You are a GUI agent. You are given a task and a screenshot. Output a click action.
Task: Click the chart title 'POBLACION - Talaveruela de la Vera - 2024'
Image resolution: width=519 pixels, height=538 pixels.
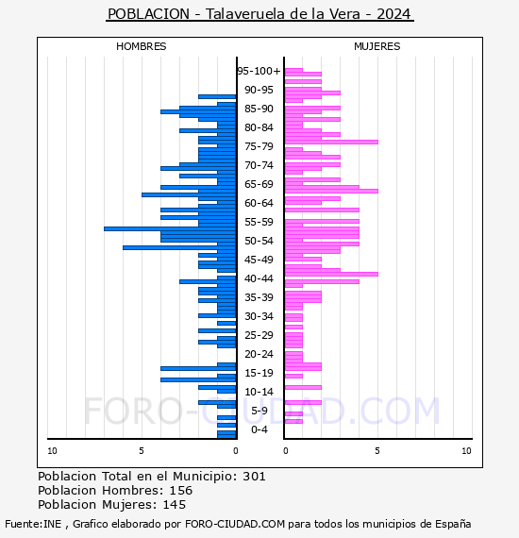coord(259,14)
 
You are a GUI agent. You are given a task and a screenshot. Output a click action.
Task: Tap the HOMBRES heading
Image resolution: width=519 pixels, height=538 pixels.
coord(141,46)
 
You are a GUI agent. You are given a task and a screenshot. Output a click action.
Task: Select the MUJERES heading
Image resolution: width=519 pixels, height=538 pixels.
coord(377,46)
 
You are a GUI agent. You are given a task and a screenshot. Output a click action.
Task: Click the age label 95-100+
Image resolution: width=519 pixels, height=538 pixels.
coord(259,71)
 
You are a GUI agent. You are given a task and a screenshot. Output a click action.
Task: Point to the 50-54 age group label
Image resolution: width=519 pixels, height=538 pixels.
coord(259,241)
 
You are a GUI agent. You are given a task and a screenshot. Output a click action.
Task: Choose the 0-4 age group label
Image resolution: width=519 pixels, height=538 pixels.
coord(259,429)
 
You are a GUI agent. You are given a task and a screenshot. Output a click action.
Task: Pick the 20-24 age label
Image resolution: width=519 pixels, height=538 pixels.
coord(259,354)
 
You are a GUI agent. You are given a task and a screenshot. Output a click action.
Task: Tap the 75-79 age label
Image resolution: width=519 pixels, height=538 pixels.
coord(259,146)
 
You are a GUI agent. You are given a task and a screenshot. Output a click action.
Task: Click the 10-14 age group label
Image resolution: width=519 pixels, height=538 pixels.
coord(259,392)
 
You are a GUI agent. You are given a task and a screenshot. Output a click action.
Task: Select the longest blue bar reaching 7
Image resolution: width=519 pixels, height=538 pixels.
coord(170,228)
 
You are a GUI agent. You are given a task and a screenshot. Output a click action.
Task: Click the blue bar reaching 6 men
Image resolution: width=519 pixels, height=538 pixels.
coord(179,247)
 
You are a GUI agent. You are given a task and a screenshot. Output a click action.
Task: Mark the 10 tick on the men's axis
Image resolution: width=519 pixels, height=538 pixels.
coord(52,451)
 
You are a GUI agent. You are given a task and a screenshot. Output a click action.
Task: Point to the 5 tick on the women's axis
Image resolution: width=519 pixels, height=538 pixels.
coord(377,451)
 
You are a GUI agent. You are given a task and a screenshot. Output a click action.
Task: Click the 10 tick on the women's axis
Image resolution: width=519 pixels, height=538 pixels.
coord(466,451)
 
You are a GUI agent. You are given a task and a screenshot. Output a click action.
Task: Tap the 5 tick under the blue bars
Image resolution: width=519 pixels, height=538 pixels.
coord(142,451)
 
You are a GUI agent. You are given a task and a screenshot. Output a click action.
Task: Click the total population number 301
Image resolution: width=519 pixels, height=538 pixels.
coord(254,477)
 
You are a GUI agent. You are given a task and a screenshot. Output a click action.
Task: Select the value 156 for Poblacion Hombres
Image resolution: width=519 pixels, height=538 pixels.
coord(181,490)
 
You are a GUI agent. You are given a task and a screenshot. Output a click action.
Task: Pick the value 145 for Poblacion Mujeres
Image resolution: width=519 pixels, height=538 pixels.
coord(175,504)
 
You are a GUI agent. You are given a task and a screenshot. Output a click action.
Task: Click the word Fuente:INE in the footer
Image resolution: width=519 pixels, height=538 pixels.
coord(33,524)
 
